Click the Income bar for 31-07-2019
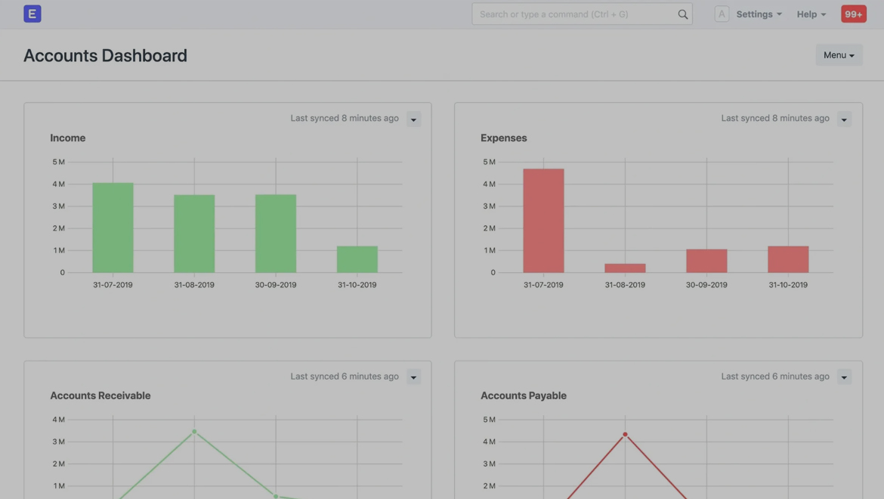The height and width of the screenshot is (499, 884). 113,228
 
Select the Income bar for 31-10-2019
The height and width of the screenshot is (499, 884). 357,259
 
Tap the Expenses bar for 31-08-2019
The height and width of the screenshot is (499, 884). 625,268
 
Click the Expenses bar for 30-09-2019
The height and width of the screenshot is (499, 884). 706,261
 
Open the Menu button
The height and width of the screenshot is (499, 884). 839,55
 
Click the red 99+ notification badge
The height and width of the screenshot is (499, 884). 854,14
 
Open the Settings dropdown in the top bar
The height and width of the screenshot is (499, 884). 759,14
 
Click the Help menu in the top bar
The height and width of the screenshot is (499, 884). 811,14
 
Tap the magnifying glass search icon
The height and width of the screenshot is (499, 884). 683,14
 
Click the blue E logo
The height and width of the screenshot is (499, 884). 32,14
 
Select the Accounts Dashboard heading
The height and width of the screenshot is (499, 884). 105,55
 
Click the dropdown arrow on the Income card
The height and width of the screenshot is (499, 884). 413,119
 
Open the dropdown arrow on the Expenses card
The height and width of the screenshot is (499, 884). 844,119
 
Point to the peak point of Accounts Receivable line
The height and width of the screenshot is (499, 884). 194,432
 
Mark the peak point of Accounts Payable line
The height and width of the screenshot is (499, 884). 625,434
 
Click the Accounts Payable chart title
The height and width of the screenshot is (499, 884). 524,395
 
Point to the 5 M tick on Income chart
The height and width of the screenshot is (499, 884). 58,162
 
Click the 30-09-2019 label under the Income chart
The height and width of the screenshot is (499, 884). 276,285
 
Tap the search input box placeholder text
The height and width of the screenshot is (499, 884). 554,14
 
